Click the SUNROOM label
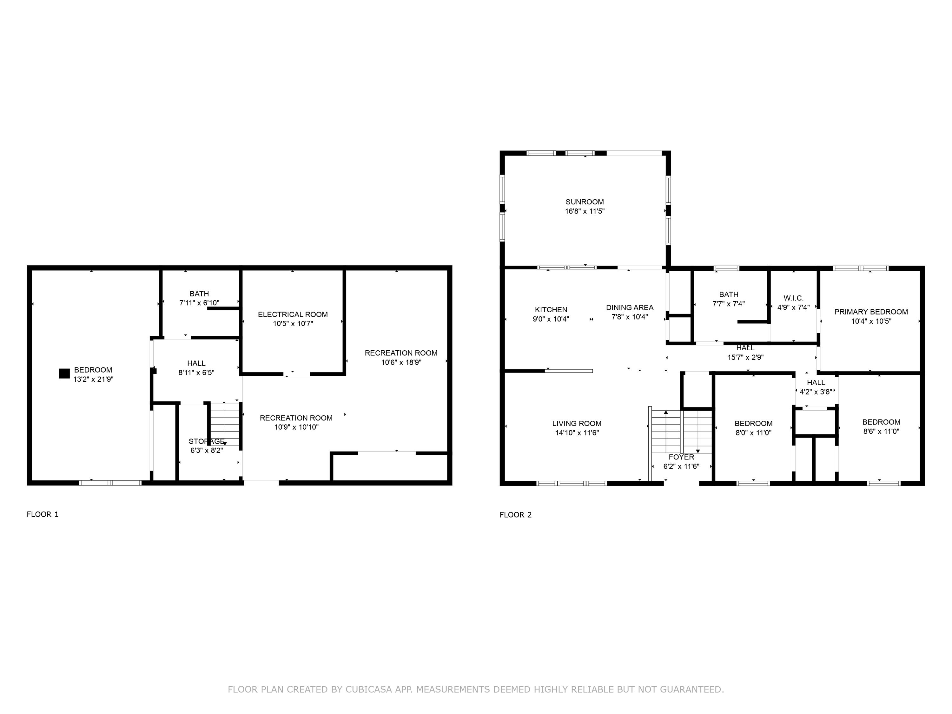pyautogui.click(x=585, y=202)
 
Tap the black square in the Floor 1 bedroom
pyautogui.click(x=64, y=374)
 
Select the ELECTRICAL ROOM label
pyautogui.click(x=293, y=314)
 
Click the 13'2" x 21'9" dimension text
pyautogui.click(x=93, y=379)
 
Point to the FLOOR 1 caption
pyautogui.click(x=43, y=514)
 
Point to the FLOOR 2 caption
pyautogui.click(x=516, y=515)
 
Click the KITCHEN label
pyautogui.click(x=551, y=310)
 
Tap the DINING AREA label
pyautogui.click(x=630, y=308)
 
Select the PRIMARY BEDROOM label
pyautogui.click(x=871, y=312)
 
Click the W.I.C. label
pyautogui.click(x=794, y=298)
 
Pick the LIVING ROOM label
pyautogui.click(x=577, y=424)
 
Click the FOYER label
pyautogui.click(x=681, y=457)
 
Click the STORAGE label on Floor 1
pyautogui.click(x=207, y=442)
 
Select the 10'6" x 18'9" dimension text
pyautogui.click(x=401, y=362)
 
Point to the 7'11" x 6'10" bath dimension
pyautogui.click(x=199, y=303)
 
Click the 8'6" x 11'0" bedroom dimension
pyautogui.click(x=881, y=431)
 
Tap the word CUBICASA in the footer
pyautogui.click(x=368, y=690)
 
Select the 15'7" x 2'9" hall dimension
pyautogui.click(x=745, y=357)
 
